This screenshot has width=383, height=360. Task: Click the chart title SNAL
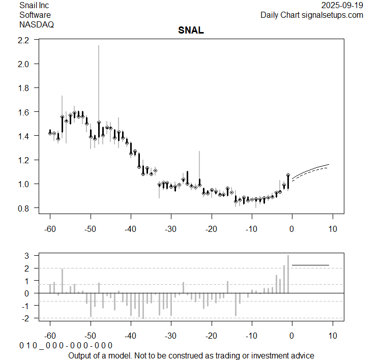point(191,30)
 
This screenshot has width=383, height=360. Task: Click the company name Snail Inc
point(34,6)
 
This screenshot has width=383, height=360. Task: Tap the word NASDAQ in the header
point(37,24)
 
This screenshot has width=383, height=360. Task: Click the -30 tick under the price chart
point(171,229)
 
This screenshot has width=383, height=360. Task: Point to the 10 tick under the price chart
point(332,229)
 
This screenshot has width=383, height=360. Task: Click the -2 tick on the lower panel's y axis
point(27,318)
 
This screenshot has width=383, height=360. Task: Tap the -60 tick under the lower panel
point(50,336)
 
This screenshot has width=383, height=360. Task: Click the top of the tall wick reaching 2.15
point(99,46)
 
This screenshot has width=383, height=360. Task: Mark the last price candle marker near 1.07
point(288,175)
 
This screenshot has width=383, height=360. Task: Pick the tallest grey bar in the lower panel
point(288,274)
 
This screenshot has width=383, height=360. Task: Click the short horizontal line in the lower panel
point(310,265)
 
